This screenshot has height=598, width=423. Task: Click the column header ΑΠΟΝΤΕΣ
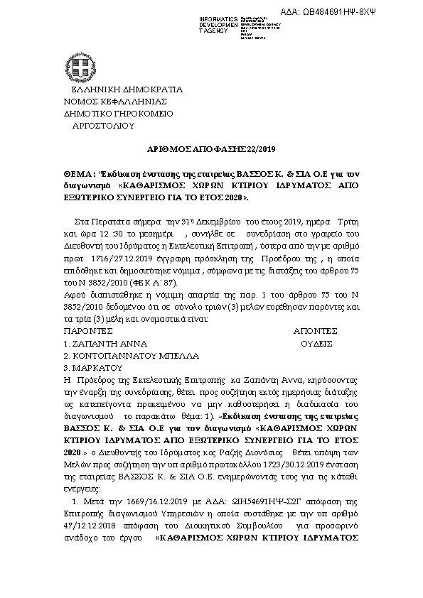click(315, 331)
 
